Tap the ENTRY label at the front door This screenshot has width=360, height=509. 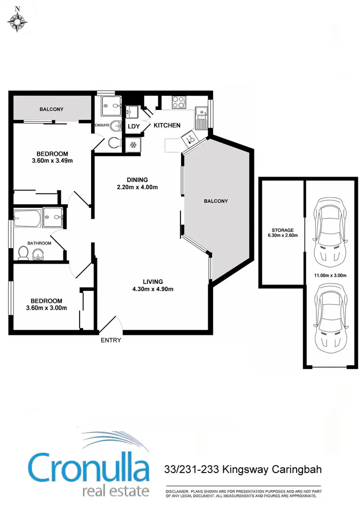pyautogui.click(x=110, y=340)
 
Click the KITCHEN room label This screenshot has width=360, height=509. pyautogui.click(x=167, y=125)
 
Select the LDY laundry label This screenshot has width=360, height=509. pyautogui.click(x=134, y=126)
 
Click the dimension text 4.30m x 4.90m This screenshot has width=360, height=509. pyautogui.click(x=153, y=289)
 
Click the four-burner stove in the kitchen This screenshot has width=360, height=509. pyautogui.click(x=179, y=102)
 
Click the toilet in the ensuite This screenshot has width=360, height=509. pyautogui.click(x=113, y=142)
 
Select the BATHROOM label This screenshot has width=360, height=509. pyautogui.click(x=39, y=243)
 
